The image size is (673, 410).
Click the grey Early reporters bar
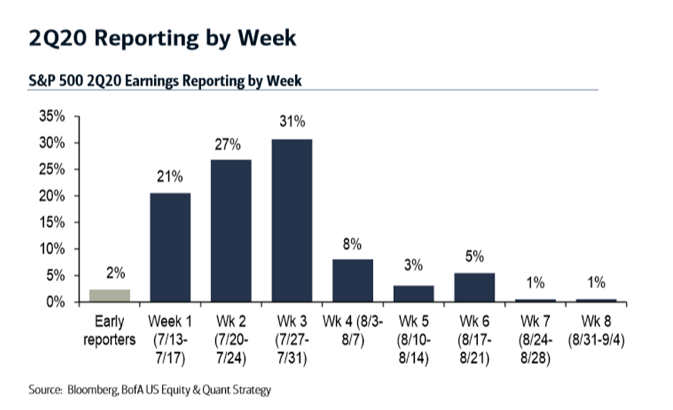coord(109,295)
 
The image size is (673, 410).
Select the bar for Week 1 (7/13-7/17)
coord(170,247)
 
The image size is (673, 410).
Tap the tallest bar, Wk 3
coord(292,220)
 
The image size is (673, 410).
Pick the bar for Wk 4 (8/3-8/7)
coord(353,281)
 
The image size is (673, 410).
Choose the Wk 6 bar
coord(474,287)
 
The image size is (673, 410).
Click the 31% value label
coord(292,121)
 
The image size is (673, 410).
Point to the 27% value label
coord(227,145)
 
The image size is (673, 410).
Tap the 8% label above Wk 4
coord(352,244)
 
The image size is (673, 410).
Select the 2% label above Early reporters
coord(116,273)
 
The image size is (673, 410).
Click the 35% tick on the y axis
coord(52,116)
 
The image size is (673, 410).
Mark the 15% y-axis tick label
coord(52,222)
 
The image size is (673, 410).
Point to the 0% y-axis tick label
coord(56,302)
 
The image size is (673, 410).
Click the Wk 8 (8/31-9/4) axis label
coord(596,331)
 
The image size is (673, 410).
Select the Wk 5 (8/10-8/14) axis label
coord(413,339)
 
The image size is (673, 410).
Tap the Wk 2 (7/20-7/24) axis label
coord(231,339)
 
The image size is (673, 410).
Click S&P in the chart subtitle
coord(42,81)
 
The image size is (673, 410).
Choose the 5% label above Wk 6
coord(474,257)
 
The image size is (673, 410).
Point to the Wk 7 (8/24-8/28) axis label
coord(535,339)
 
